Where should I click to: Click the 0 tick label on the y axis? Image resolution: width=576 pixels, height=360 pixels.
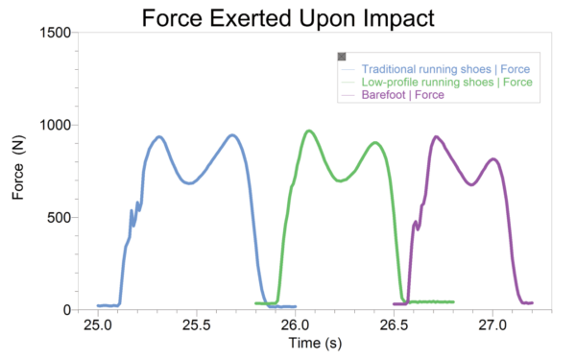(67, 310)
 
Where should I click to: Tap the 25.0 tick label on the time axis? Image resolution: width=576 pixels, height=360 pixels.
(97, 326)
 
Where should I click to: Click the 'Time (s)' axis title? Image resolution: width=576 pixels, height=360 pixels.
(292, 343)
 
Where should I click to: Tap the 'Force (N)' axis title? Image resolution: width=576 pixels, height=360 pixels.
(18, 171)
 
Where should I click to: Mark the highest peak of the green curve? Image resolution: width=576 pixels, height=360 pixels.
(308, 131)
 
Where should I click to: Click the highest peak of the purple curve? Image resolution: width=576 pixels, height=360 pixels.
(437, 136)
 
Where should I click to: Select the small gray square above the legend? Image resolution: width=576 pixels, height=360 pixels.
(342, 57)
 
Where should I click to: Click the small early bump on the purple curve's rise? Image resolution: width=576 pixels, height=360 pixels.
(416, 223)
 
